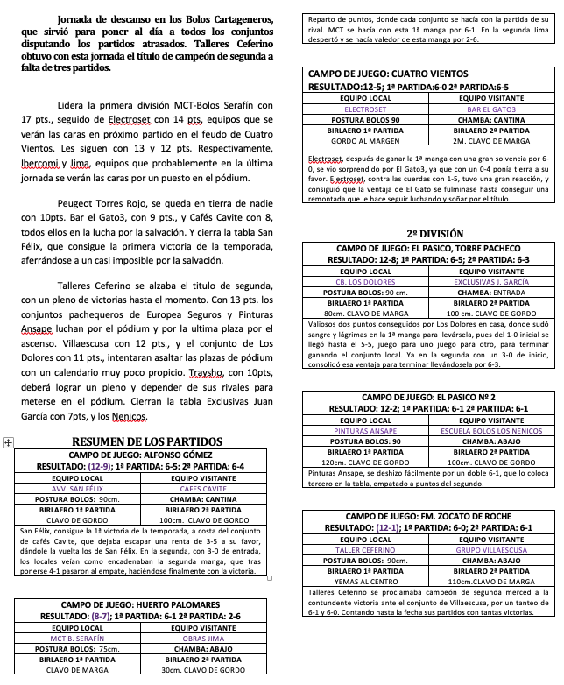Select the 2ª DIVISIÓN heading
tap(429, 234)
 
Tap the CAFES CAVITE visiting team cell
tap(208, 489)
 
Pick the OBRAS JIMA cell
tap(208, 639)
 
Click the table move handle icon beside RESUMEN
tap(8, 443)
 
